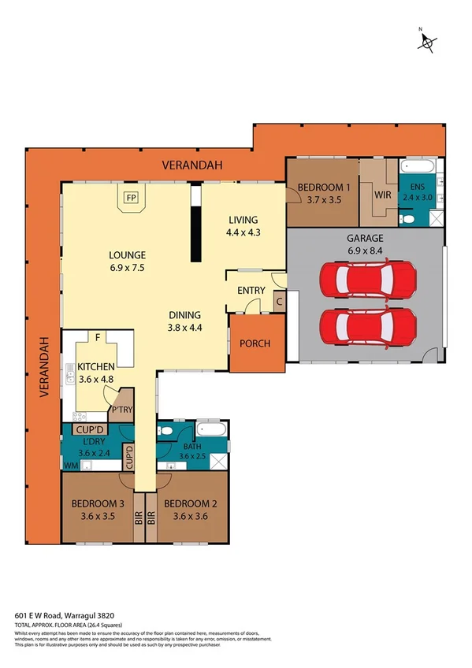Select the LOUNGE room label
[x=127, y=255]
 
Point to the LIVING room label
[x=243, y=220]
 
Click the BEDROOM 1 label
[x=322, y=187]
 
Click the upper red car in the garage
[x=367, y=279]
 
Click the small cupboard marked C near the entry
[x=280, y=300]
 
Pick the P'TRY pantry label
[x=121, y=410]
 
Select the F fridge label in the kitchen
[x=97, y=337]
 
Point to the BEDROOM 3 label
[x=98, y=503]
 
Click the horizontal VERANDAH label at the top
[x=193, y=165]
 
